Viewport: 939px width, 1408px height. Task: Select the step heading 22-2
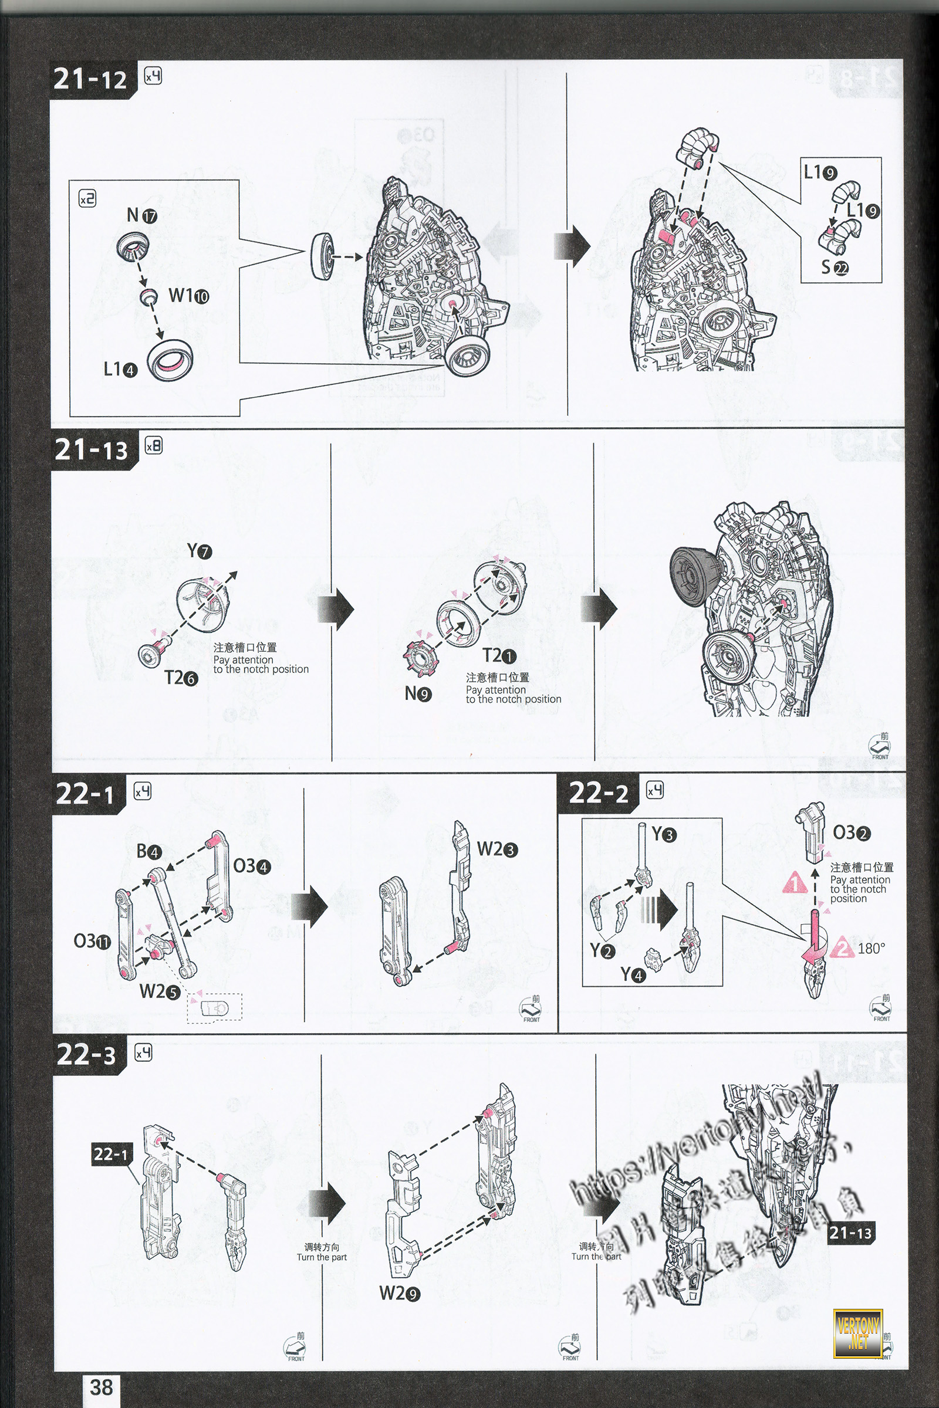(599, 794)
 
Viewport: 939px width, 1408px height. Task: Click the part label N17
(142, 215)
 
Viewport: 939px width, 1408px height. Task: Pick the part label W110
(188, 296)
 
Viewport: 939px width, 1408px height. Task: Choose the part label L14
(120, 370)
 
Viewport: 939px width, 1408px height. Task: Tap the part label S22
(835, 268)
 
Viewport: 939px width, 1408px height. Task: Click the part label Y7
(200, 551)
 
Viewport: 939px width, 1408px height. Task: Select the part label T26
(181, 678)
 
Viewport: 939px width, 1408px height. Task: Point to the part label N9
(418, 694)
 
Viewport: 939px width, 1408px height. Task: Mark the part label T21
(499, 655)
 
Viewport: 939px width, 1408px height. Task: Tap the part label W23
(497, 849)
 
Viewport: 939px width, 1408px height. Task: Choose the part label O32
(852, 832)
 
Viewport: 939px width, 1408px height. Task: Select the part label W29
(400, 1294)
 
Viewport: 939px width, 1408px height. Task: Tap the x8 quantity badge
(153, 446)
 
